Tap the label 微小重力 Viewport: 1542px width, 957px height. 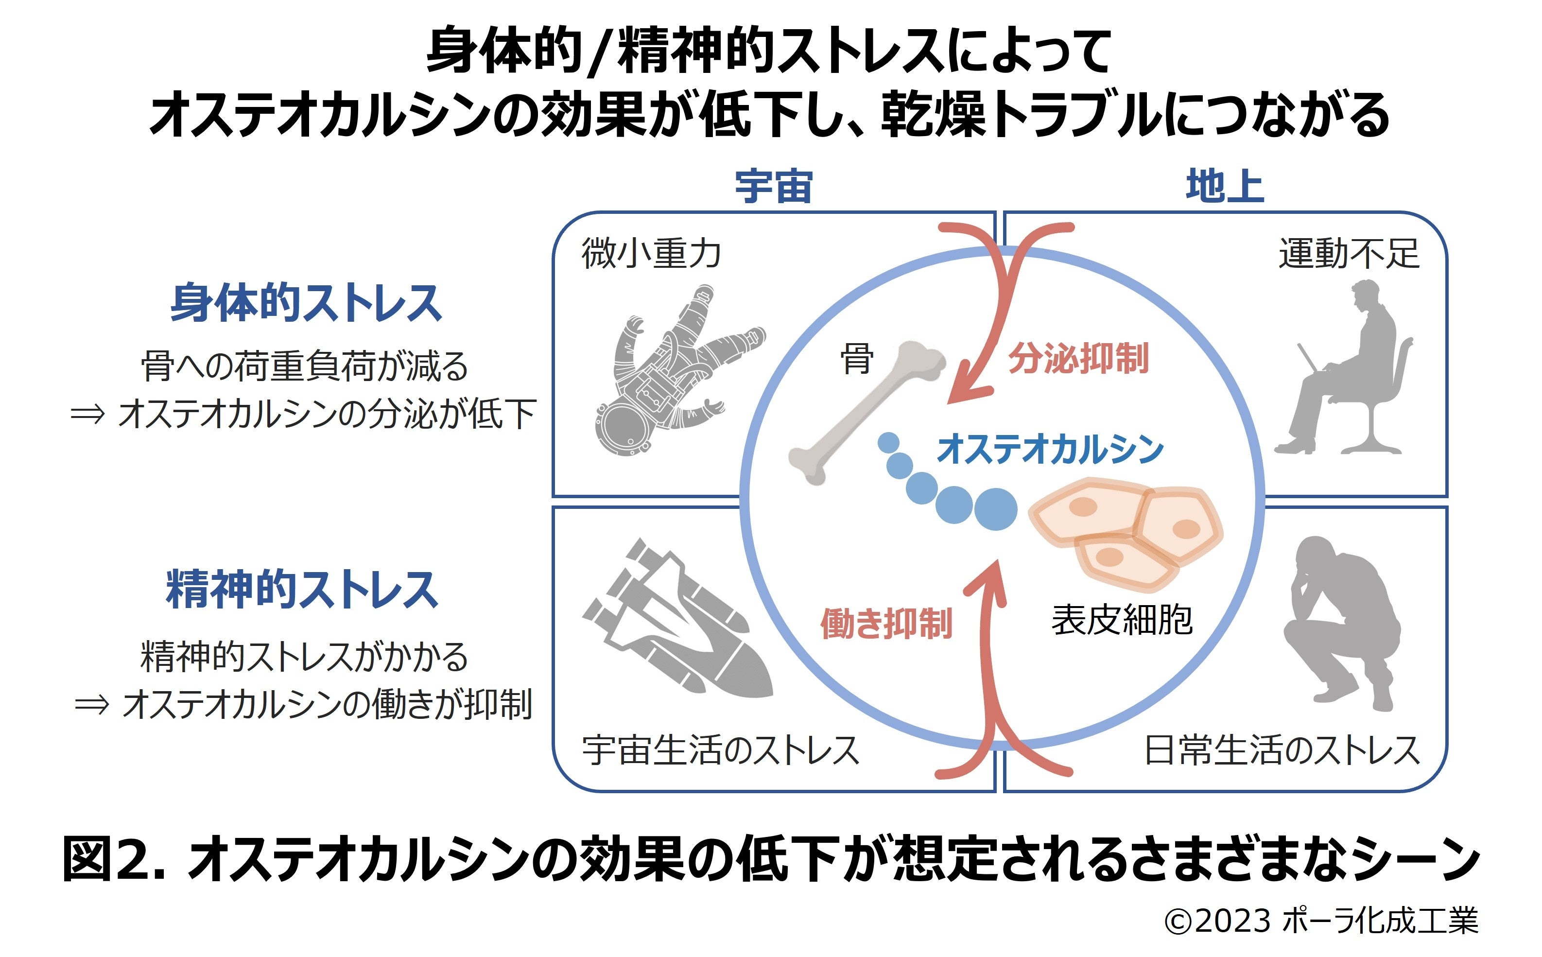pos(650,253)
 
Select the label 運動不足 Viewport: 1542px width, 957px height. pos(1349,253)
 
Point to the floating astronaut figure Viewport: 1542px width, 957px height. pos(671,373)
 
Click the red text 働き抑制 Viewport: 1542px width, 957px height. pos(886,624)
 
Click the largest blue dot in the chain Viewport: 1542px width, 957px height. pos(995,509)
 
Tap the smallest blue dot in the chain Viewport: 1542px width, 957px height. pos(888,442)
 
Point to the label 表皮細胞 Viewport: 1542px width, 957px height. pos(1122,620)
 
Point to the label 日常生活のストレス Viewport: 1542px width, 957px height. pos(1282,750)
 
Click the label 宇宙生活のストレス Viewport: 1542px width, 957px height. pos(720,750)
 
